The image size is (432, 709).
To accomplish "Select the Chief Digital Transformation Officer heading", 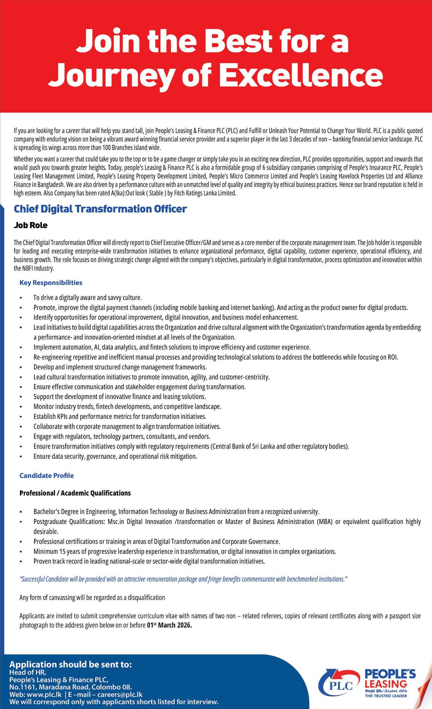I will pos(100,209).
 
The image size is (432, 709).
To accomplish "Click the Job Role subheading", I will pos(30,225).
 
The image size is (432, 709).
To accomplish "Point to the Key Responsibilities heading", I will pos(51,283).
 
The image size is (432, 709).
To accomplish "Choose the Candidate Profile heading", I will pos(46,476).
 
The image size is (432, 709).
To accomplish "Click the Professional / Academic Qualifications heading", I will pos(75,493).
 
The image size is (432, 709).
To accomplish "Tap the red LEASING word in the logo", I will pos(386,681).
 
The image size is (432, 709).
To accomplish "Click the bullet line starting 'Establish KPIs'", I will pos(120,416).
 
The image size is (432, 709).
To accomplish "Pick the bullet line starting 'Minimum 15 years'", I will pos(185,551).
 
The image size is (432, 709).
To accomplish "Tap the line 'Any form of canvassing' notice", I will pos(92,587).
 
